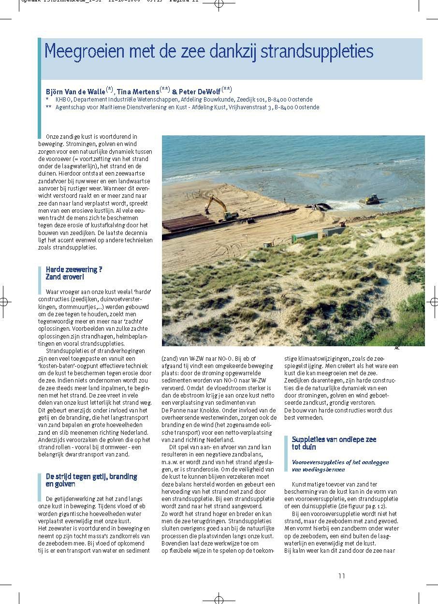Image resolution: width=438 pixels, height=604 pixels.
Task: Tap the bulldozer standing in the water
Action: pos(373,199)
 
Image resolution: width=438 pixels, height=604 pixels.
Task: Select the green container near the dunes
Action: pos(305,236)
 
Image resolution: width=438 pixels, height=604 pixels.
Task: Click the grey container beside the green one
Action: pos(334,231)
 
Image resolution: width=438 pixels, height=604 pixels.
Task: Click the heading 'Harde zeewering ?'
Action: pos(74,269)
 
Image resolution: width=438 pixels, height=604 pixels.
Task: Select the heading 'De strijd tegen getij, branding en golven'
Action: pos(91,480)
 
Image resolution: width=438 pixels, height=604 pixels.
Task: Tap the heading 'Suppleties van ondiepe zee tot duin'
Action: pos(334,443)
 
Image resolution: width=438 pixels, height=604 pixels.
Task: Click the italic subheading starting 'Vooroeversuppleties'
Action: pos(340,466)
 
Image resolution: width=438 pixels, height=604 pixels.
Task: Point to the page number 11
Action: pos(341,575)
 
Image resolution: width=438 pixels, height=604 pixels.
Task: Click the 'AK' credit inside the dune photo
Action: pos(284,296)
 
